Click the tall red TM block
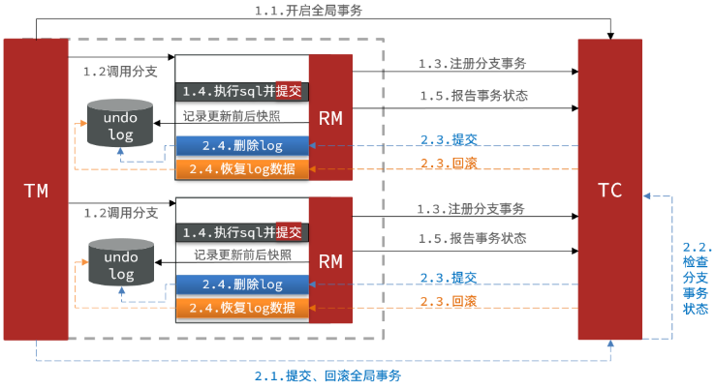[x=36, y=189]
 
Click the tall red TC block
[x=610, y=189]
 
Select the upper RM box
[x=330, y=117]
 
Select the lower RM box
[x=330, y=260]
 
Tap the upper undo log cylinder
[x=120, y=123]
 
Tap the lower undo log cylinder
[x=121, y=262]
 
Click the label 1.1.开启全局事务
[x=308, y=11]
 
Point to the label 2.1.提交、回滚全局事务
[x=327, y=375]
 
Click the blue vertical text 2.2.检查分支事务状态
[x=698, y=278]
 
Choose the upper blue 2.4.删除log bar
[x=242, y=146]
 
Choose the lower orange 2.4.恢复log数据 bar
[x=242, y=308]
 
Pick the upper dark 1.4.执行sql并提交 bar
[x=242, y=92]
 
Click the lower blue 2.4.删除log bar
[x=242, y=284]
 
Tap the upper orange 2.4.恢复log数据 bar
[x=242, y=169]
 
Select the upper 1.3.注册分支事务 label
[x=473, y=63]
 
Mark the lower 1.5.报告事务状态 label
[x=473, y=238]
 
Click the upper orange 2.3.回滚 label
[x=449, y=163]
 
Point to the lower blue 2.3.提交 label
[x=449, y=278]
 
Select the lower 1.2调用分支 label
[x=121, y=213]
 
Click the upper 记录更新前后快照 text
[x=232, y=116]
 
